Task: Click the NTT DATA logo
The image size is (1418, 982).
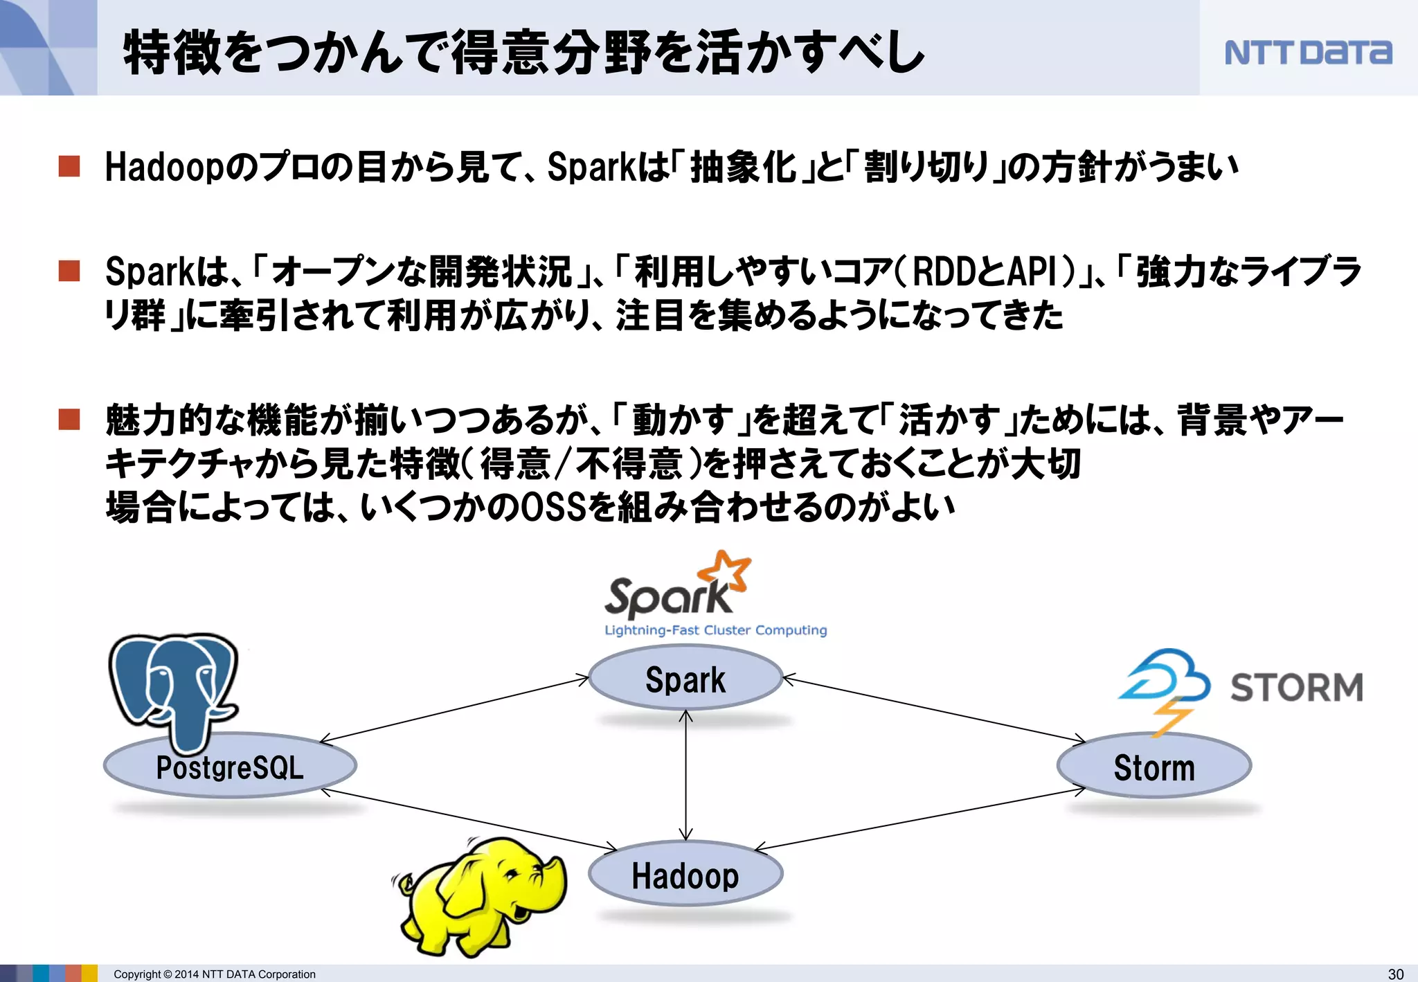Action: click(1307, 52)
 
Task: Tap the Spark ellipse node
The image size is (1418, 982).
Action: click(685, 678)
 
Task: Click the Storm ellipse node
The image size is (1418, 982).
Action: click(1154, 767)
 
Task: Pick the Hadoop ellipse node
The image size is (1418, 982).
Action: click(685, 875)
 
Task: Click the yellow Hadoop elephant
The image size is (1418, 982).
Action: click(481, 894)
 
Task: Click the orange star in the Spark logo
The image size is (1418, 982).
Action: click(724, 571)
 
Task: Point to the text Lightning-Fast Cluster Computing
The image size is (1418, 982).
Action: click(715, 630)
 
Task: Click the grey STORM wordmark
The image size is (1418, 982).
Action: click(1296, 687)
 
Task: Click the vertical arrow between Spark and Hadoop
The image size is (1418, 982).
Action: click(685, 776)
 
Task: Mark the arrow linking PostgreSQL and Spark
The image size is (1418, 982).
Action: click(454, 710)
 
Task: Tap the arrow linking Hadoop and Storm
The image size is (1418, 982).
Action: click(921, 819)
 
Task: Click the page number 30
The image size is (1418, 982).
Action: click(1396, 974)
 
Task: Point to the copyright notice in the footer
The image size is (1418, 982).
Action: click(214, 974)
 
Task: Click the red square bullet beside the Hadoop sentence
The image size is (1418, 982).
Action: click(69, 166)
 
